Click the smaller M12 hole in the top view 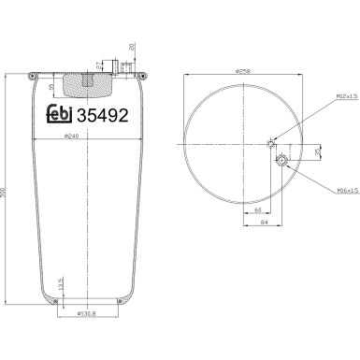(x=270, y=144)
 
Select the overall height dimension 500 (x=9, y=191)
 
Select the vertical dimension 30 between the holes (x=316, y=151)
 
